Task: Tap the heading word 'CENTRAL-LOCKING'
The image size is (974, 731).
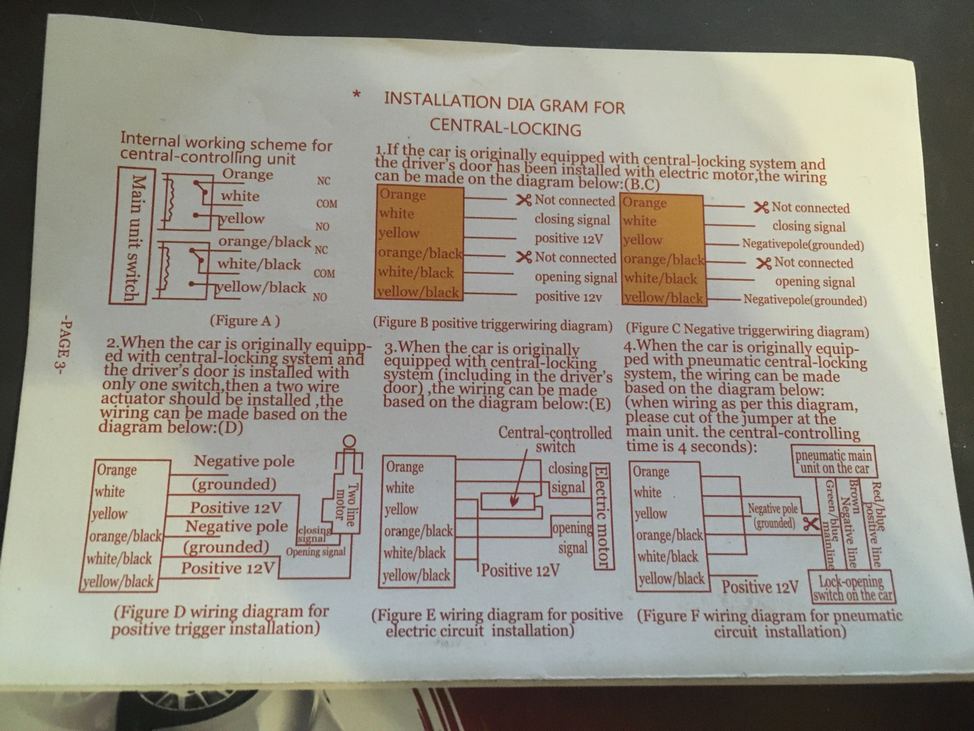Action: coord(505,127)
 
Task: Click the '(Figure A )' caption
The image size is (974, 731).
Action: coord(245,321)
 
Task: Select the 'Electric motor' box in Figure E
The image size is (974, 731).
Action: coord(602,516)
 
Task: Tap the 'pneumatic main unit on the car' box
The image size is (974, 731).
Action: coord(834,461)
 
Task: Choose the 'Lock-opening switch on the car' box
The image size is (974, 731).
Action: coord(852,588)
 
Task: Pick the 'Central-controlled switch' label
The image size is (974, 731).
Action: coord(555,440)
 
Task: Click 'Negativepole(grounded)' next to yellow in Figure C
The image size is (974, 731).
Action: coord(803,245)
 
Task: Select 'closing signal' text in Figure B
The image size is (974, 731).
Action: coord(572,220)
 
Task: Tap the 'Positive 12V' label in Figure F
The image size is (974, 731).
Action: coord(760,587)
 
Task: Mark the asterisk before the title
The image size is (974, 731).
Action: coord(357,95)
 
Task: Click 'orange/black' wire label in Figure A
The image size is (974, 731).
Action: coord(264,241)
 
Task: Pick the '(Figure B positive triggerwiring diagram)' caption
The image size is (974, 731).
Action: coord(493,324)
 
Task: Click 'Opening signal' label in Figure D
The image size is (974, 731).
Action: coord(316,552)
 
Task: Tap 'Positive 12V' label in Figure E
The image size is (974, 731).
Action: coord(520,571)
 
